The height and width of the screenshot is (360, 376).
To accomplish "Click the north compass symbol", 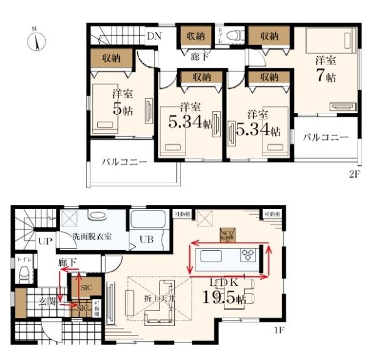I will coord(37,40).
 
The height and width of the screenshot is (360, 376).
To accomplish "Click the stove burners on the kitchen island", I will coord(249,255).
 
